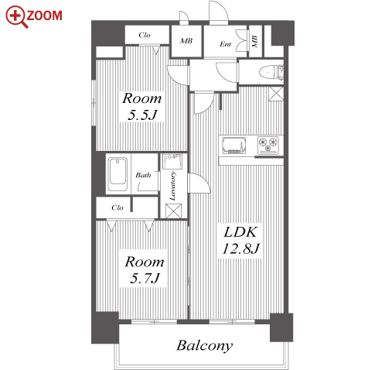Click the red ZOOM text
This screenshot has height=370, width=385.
point(44,15)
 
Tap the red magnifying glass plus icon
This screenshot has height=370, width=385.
point(16,16)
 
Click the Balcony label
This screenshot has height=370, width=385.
point(204,346)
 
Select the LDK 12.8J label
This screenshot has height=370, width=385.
point(240,240)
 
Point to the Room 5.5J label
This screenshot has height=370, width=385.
point(142,106)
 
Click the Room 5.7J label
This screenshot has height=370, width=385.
point(145,269)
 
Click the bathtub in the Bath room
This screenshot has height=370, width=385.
point(118,174)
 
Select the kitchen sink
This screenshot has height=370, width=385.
point(234,146)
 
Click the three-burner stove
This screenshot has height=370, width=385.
point(268,146)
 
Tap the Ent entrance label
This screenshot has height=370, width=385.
point(225,44)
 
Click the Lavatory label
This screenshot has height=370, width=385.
point(173,186)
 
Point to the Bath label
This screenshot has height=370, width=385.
point(143,175)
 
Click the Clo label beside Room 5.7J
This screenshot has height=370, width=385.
point(118,207)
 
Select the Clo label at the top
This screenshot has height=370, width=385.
point(145,35)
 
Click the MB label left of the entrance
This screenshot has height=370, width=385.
point(186,41)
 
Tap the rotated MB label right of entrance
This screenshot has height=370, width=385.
point(254,41)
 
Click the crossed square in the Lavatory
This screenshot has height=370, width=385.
point(173,211)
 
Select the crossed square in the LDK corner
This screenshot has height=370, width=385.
point(276,94)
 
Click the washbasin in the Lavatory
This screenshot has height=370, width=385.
point(172,161)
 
